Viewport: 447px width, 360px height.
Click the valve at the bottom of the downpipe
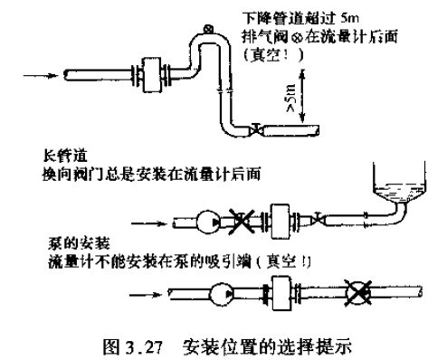261,129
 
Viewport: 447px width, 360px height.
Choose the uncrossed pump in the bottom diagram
219,293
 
